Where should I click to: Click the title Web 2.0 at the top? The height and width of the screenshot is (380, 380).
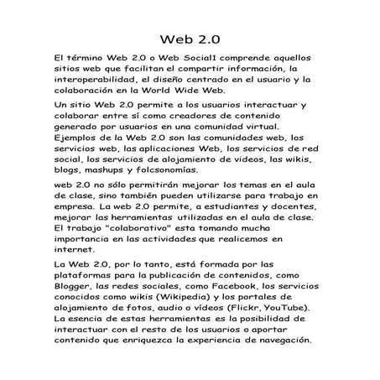pos(190,39)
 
